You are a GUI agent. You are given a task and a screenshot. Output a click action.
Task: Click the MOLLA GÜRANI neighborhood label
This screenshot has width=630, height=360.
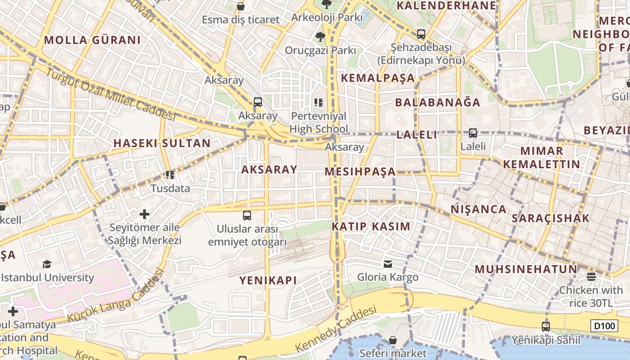(x=92, y=40)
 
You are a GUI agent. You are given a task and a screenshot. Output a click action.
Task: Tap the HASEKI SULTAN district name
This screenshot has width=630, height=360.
(x=162, y=144)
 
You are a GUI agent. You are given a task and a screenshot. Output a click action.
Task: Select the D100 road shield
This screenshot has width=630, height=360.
(x=604, y=326)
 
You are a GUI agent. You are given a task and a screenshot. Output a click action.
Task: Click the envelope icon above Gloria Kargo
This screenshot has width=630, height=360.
(x=388, y=264)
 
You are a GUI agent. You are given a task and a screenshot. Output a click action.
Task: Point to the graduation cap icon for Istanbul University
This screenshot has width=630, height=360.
(x=47, y=264)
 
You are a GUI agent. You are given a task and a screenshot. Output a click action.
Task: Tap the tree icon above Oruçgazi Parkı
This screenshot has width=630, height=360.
(x=320, y=36)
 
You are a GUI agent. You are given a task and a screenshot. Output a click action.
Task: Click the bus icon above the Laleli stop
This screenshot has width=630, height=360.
(x=472, y=133)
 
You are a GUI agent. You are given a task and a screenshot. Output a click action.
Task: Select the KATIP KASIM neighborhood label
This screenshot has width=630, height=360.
(x=371, y=226)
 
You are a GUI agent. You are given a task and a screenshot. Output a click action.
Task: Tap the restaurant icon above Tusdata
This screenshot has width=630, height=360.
(x=170, y=175)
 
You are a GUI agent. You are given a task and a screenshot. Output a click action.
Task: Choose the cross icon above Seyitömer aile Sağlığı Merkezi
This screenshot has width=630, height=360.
(x=144, y=214)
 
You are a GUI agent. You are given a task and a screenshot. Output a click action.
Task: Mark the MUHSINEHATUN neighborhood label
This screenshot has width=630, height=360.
(x=526, y=270)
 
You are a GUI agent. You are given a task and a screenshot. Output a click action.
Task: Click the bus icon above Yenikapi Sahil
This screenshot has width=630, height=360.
(x=546, y=326)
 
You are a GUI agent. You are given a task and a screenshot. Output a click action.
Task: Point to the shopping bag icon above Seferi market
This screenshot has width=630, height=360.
(x=393, y=340)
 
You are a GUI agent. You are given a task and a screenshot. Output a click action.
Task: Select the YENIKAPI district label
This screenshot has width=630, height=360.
(x=268, y=280)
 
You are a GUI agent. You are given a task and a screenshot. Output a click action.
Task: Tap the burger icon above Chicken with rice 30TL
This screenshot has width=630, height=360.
(x=591, y=276)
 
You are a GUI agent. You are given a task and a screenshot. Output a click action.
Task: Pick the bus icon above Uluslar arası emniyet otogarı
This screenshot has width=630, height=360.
(x=247, y=215)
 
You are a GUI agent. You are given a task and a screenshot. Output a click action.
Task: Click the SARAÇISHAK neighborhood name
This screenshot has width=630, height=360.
(x=550, y=218)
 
